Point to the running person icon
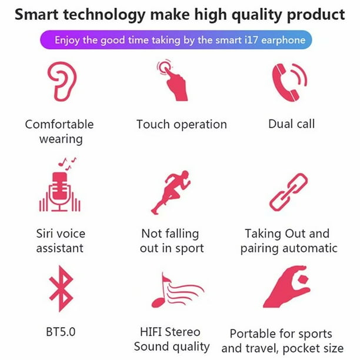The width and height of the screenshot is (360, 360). (x=171, y=192)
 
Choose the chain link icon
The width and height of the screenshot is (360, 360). (x=289, y=192)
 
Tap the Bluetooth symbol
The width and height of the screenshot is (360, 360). (x=61, y=289)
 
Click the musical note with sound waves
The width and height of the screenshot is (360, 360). (x=177, y=291)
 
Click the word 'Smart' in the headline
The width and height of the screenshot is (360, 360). (x=36, y=14)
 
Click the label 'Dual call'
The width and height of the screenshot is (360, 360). (x=291, y=124)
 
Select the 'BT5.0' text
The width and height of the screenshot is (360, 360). (x=61, y=332)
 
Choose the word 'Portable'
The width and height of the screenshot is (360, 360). (x=252, y=334)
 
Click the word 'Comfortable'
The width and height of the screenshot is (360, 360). (x=59, y=125)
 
